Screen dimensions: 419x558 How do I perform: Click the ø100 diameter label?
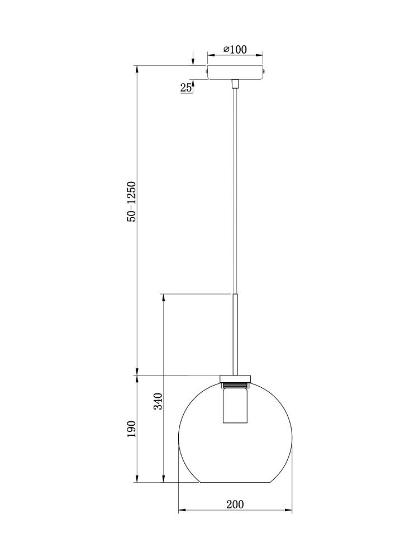point(235,49)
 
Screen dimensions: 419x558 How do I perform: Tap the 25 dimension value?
point(185,88)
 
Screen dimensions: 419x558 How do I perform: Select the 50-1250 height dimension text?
point(132,202)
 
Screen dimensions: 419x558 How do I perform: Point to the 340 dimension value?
point(158,401)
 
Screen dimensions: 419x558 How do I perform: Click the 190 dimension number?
point(132,429)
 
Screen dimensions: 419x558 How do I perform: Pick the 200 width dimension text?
point(235,504)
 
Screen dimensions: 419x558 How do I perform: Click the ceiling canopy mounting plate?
point(235,72)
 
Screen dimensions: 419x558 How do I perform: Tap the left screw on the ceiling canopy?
point(206,71)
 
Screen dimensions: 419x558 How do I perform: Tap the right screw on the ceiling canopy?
point(264,71)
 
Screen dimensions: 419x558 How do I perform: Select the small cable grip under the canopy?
point(235,84)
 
